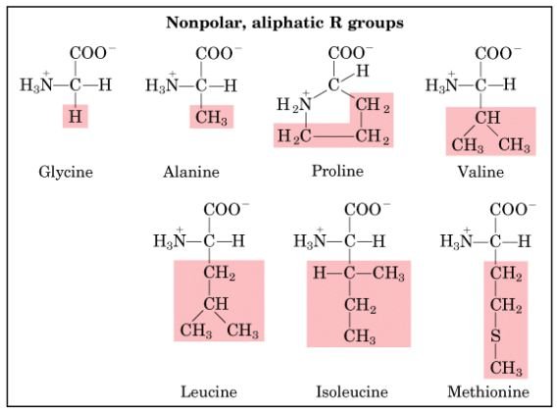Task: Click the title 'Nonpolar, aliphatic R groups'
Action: (x=284, y=24)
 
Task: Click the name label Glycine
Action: (x=66, y=173)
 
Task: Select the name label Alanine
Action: (x=191, y=173)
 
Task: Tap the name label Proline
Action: (x=337, y=171)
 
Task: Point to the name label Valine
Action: (x=481, y=172)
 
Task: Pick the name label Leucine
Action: (x=209, y=391)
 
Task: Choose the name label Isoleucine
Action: (x=352, y=391)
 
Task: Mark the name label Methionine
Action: (x=488, y=391)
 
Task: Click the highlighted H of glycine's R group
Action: (x=76, y=117)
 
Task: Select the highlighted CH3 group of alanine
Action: (x=211, y=118)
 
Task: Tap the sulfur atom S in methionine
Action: (x=495, y=336)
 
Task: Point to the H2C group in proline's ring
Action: (x=294, y=136)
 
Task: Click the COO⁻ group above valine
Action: (x=497, y=54)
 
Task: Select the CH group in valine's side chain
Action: (x=487, y=118)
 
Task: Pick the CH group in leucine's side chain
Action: (x=216, y=304)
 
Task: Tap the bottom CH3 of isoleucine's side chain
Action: (x=360, y=336)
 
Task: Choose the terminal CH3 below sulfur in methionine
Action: (x=506, y=368)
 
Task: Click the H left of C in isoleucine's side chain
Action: (x=320, y=273)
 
